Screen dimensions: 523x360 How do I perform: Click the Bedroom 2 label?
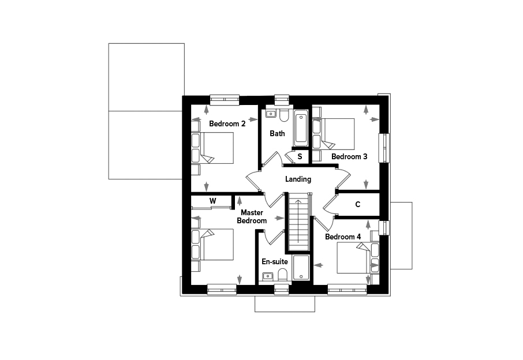227,123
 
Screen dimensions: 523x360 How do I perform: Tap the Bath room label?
277,133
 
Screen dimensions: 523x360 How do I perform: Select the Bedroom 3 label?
349,156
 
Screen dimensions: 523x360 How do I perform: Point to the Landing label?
298,179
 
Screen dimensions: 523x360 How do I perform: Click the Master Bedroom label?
252,216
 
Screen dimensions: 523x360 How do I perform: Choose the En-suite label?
275,262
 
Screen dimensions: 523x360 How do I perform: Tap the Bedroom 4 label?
343,237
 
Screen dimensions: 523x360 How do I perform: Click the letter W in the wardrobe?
212,201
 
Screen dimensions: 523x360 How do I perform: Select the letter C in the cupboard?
357,204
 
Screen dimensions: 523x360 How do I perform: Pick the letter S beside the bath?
300,156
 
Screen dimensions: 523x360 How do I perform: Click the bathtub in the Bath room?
301,128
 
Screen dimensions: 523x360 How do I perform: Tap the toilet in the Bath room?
284,115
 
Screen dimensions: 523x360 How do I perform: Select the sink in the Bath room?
270,114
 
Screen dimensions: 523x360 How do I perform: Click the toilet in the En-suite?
282,275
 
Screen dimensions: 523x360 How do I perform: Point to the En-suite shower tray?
301,268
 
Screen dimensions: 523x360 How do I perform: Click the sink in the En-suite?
268,276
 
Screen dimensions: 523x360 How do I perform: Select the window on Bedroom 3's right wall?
384,148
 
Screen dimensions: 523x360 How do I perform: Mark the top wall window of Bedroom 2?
225,100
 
